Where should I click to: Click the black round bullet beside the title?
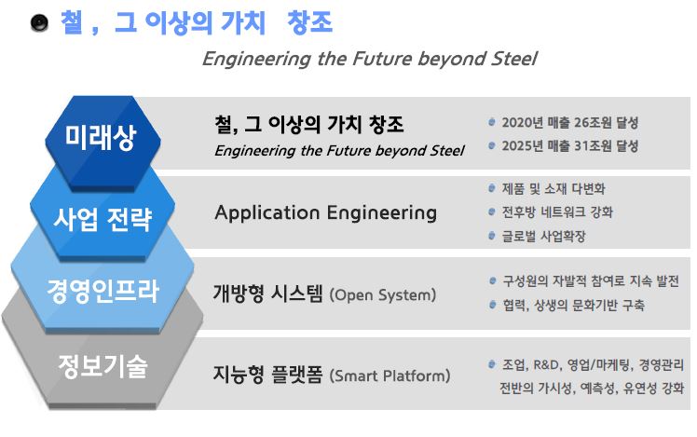click(x=39, y=22)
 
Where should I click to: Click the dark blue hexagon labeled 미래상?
click(x=102, y=143)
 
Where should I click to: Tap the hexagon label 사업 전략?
click(x=102, y=219)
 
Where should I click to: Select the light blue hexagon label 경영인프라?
click(x=102, y=292)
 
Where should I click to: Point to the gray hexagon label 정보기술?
click(x=102, y=366)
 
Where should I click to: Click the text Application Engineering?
click(x=326, y=213)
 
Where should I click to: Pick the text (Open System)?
click(x=383, y=294)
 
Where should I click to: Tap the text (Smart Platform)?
click(x=389, y=376)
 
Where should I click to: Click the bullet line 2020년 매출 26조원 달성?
click(x=570, y=122)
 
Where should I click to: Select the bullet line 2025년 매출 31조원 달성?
click(x=570, y=145)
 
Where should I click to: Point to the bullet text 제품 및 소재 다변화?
click(x=553, y=188)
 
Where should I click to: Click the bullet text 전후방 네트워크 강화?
click(x=557, y=212)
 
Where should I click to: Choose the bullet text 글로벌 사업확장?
click(x=543, y=236)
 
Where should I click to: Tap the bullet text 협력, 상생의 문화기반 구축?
click(x=573, y=305)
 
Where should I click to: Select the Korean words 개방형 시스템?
click(x=268, y=294)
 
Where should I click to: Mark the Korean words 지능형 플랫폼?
click(x=268, y=375)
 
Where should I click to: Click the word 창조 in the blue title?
click(x=309, y=22)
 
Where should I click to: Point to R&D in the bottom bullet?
click(x=546, y=365)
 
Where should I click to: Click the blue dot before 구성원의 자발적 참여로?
click(x=492, y=280)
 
